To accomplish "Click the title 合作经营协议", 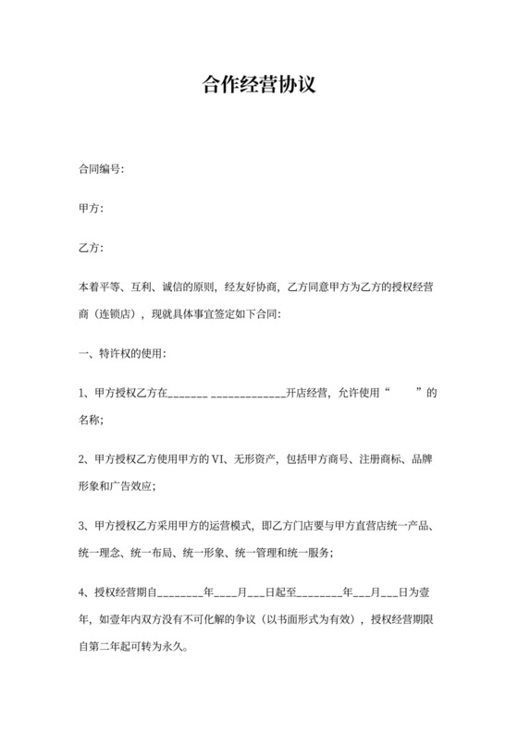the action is click(x=259, y=87).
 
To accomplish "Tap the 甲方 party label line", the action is click(x=91, y=209).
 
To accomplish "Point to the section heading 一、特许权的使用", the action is click(x=122, y=354).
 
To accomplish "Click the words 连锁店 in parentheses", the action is click(x=117, y=314).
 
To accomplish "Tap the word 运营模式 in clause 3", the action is click(x=230, y=526).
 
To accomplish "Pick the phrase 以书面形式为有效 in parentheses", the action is click(x=307, y=619).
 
